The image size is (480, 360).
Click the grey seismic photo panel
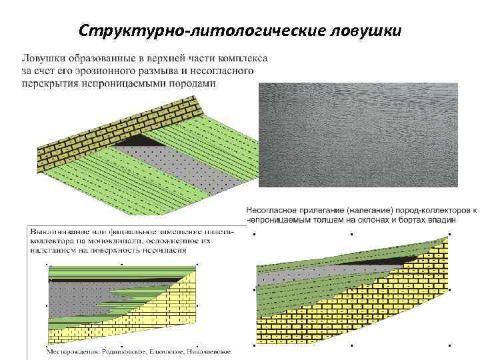(x=358, y=136)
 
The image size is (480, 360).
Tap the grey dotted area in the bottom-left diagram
(x=73, y=297)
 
